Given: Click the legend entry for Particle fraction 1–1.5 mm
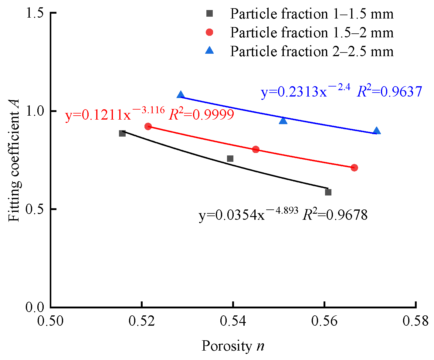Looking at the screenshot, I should click(311, 14).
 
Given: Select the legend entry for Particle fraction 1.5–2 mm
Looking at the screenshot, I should click(311, 32).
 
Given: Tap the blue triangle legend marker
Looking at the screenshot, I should click(209, 51).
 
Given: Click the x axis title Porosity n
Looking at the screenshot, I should click(233, 346).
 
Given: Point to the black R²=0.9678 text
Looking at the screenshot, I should click(335, 215).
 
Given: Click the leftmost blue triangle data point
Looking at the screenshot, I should click(181, 95).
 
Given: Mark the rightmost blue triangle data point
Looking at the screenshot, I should click(377, 131).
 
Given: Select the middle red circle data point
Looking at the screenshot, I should click(256, 149).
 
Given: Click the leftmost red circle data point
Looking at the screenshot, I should click(148, 126).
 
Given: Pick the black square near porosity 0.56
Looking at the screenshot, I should click(328, 192).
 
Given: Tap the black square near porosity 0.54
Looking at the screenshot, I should click(230, 158).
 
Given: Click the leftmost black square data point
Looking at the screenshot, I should click(122, 133).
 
